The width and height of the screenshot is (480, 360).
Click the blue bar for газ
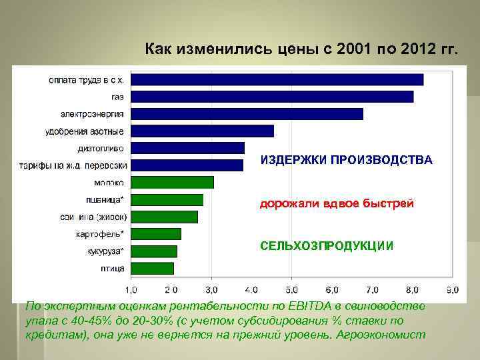(272, 97)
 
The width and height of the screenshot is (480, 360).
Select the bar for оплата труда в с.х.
(277, 79)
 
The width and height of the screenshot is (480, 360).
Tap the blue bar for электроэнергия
(247, 114)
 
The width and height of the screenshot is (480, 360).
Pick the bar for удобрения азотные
(203, 131)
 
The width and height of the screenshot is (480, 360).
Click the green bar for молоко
(173, 182)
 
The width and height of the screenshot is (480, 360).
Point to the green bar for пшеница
(167, 199)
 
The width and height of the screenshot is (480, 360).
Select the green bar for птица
(153, 268)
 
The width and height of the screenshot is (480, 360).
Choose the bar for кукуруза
(154, 251)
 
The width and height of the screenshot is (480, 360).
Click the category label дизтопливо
(101, 148)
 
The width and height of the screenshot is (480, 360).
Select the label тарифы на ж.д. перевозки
(73, 165)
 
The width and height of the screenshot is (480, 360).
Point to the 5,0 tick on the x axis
(292, 290)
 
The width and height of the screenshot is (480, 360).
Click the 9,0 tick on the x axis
(453, 290)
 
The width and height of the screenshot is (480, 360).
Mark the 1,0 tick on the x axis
(131, 290)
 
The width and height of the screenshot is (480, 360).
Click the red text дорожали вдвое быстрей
(337, 203)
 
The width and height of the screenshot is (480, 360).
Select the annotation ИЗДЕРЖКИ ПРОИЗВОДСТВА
(346, 161)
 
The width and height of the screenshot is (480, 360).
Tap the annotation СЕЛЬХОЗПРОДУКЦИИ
(327, 246)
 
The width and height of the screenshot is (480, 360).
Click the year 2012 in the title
(411, 49)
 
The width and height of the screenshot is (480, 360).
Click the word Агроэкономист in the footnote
(381, 334)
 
